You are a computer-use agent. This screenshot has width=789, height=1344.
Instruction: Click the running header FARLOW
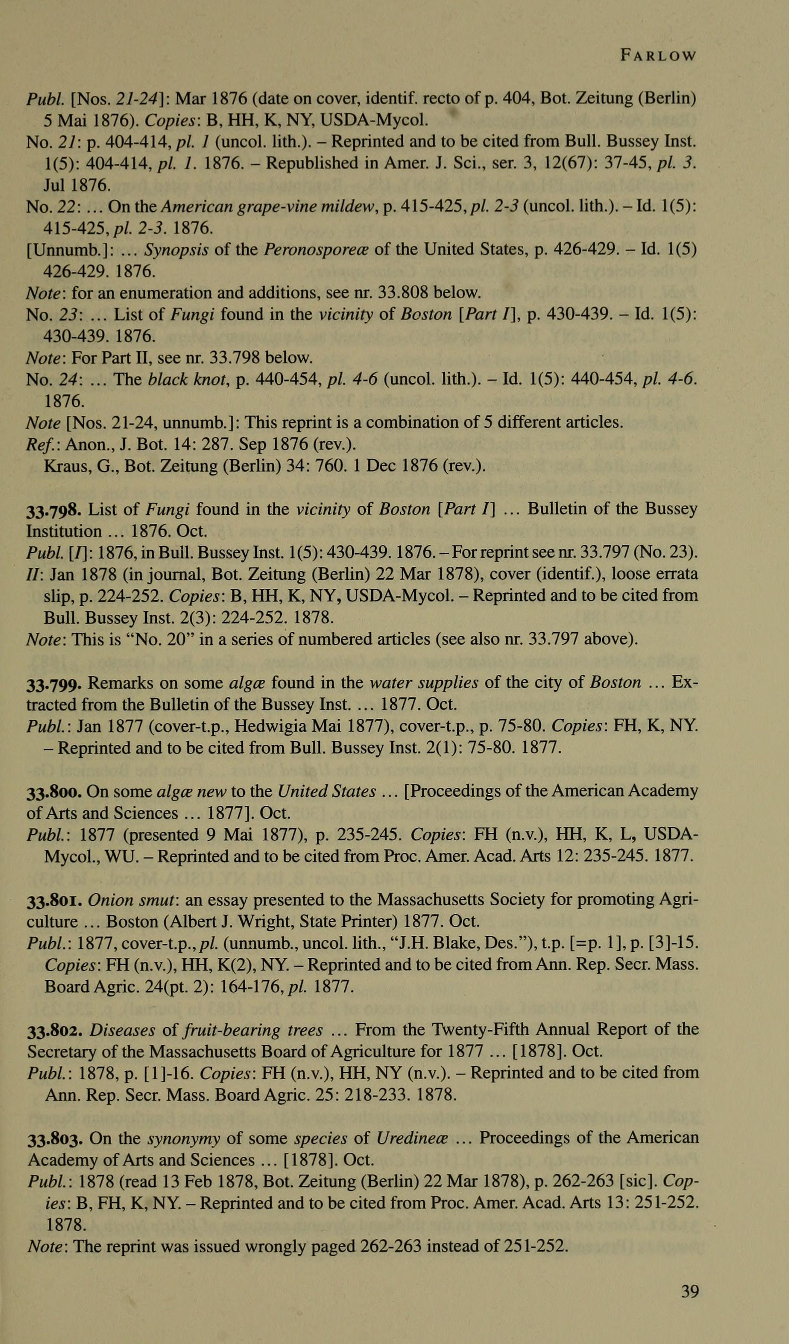click(x=659, y=56)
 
